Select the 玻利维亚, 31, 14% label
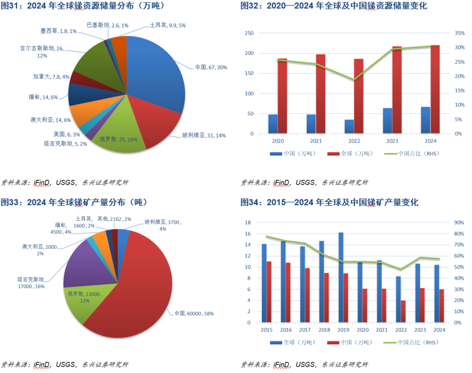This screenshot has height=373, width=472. [x=204, y=136]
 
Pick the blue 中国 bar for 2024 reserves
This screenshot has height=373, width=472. [x=425, y=120]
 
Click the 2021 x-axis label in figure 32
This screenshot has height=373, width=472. [x=316, y=141]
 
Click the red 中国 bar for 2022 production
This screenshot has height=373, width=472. [x=403, y=311]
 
